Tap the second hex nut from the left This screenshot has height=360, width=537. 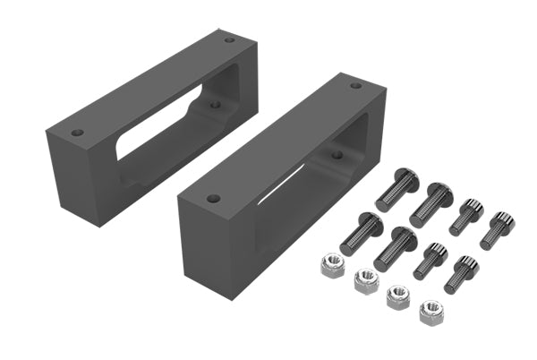[365, 280]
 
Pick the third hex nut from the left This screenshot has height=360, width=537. [396, 296]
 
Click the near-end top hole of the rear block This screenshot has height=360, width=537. [78, 133]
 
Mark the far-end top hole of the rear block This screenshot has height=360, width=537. [229, 39]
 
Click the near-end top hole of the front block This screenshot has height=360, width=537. [212, 199]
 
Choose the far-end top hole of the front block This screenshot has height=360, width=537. [355, 86]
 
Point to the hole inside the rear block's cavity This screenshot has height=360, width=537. [215, 104]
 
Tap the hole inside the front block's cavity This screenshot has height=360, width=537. [337, 154]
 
